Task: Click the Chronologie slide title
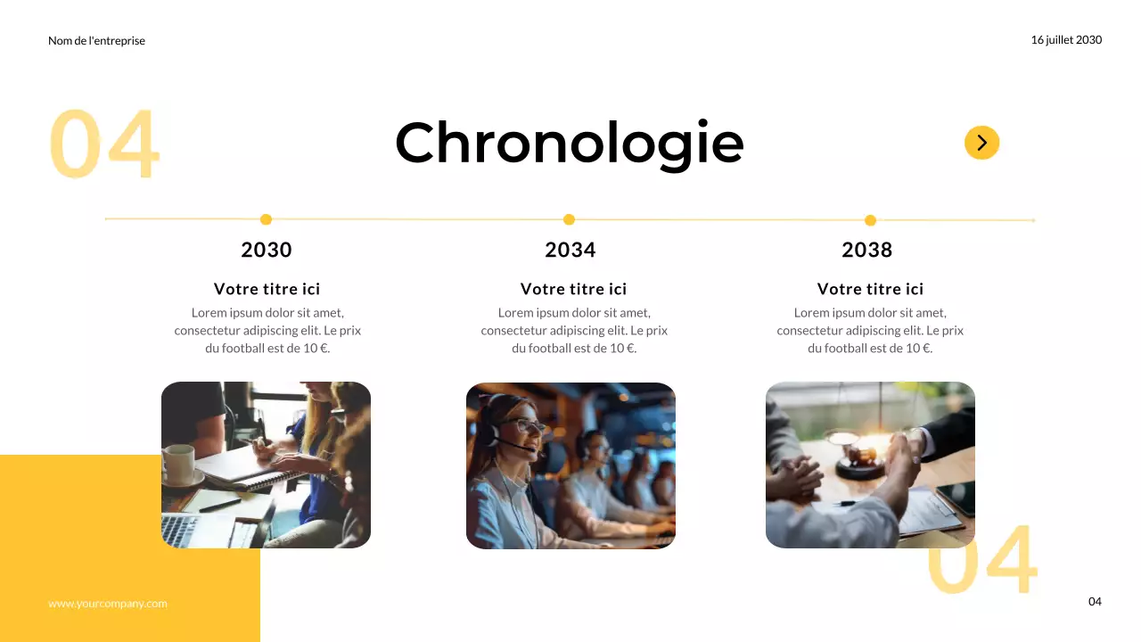[569, 143]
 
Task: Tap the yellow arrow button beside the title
[981, 143]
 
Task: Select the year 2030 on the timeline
[267, 250]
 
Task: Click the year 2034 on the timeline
[570, 250]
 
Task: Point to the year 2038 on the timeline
[866, 250]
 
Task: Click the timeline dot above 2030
[266, 219]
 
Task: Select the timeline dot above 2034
[569, 219]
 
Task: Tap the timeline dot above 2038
[870, 220]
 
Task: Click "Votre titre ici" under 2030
[267, 289]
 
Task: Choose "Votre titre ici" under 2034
[573, 289]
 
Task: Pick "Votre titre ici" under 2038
[870, 289]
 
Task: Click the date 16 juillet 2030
[1066, 40]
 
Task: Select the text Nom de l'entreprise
[96, 41]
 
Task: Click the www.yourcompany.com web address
[107, 604]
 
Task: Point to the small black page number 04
[1095, 602]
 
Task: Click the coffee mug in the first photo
[178, 464]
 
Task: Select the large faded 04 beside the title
[103, 144]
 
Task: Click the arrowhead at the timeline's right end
[1032, 220]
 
